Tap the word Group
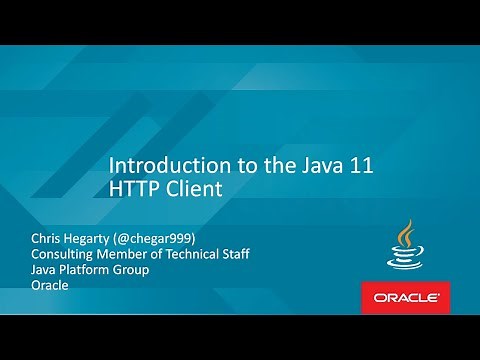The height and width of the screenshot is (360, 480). pos(146,270)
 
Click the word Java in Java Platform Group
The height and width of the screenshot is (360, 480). pos(46,270)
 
